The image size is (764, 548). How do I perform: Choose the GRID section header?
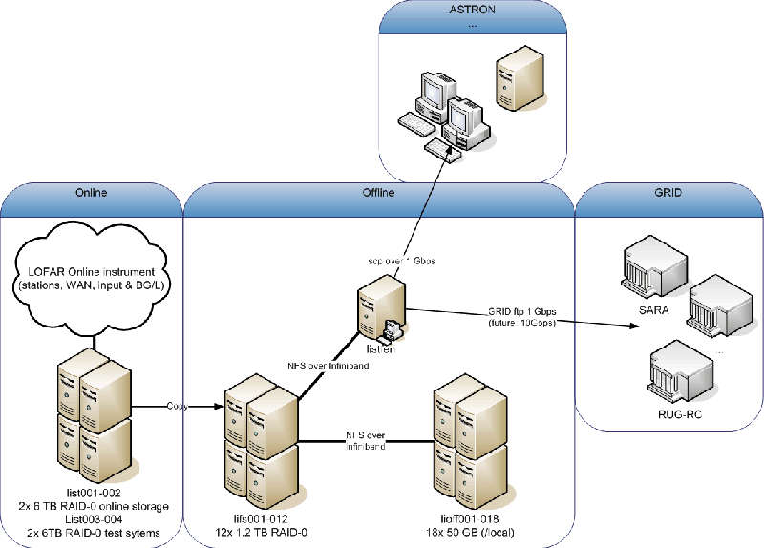[668, 192]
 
